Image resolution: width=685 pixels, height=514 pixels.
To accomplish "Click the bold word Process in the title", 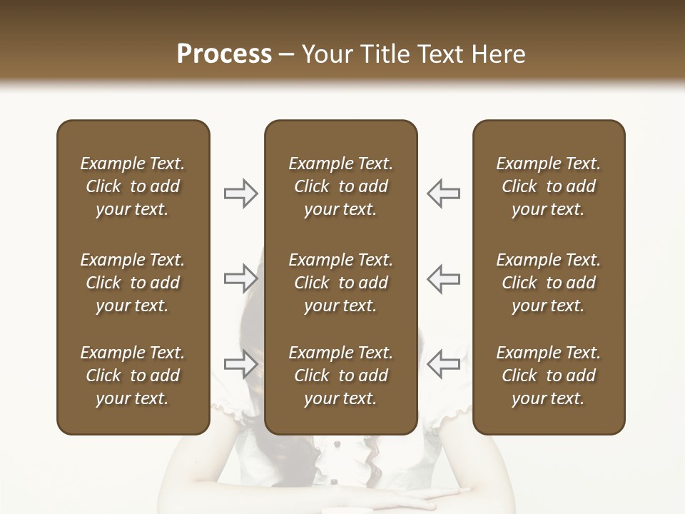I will coord(224,54).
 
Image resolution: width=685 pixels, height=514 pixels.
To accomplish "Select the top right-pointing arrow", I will coord(241,193).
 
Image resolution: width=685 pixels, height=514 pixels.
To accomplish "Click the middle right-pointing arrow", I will coord(241,278).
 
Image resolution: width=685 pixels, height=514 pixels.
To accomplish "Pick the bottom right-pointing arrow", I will coord(241,364).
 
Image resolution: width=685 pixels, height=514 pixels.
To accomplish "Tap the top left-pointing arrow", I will coord(444,193).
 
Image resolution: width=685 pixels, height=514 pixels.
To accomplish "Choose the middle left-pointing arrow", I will coord(444,278).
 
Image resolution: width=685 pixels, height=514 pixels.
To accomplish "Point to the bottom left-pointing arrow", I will coord(444,364).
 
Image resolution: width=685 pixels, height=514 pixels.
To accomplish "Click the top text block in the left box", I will coord(133,186).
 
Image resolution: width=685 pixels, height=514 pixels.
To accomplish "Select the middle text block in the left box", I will coord(133,283).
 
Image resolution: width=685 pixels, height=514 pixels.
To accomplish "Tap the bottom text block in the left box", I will coord(133,376).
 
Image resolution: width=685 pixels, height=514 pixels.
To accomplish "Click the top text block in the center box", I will coord(340,186).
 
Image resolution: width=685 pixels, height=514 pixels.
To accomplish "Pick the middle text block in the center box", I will coord(340,283).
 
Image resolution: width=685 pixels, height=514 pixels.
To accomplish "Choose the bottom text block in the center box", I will coord(340,376).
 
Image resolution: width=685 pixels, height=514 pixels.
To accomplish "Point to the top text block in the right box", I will coord(548,186).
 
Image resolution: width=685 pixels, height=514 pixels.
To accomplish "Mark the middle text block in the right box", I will coord(548,283).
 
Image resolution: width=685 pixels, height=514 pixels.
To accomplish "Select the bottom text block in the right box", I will coord(548,376).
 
